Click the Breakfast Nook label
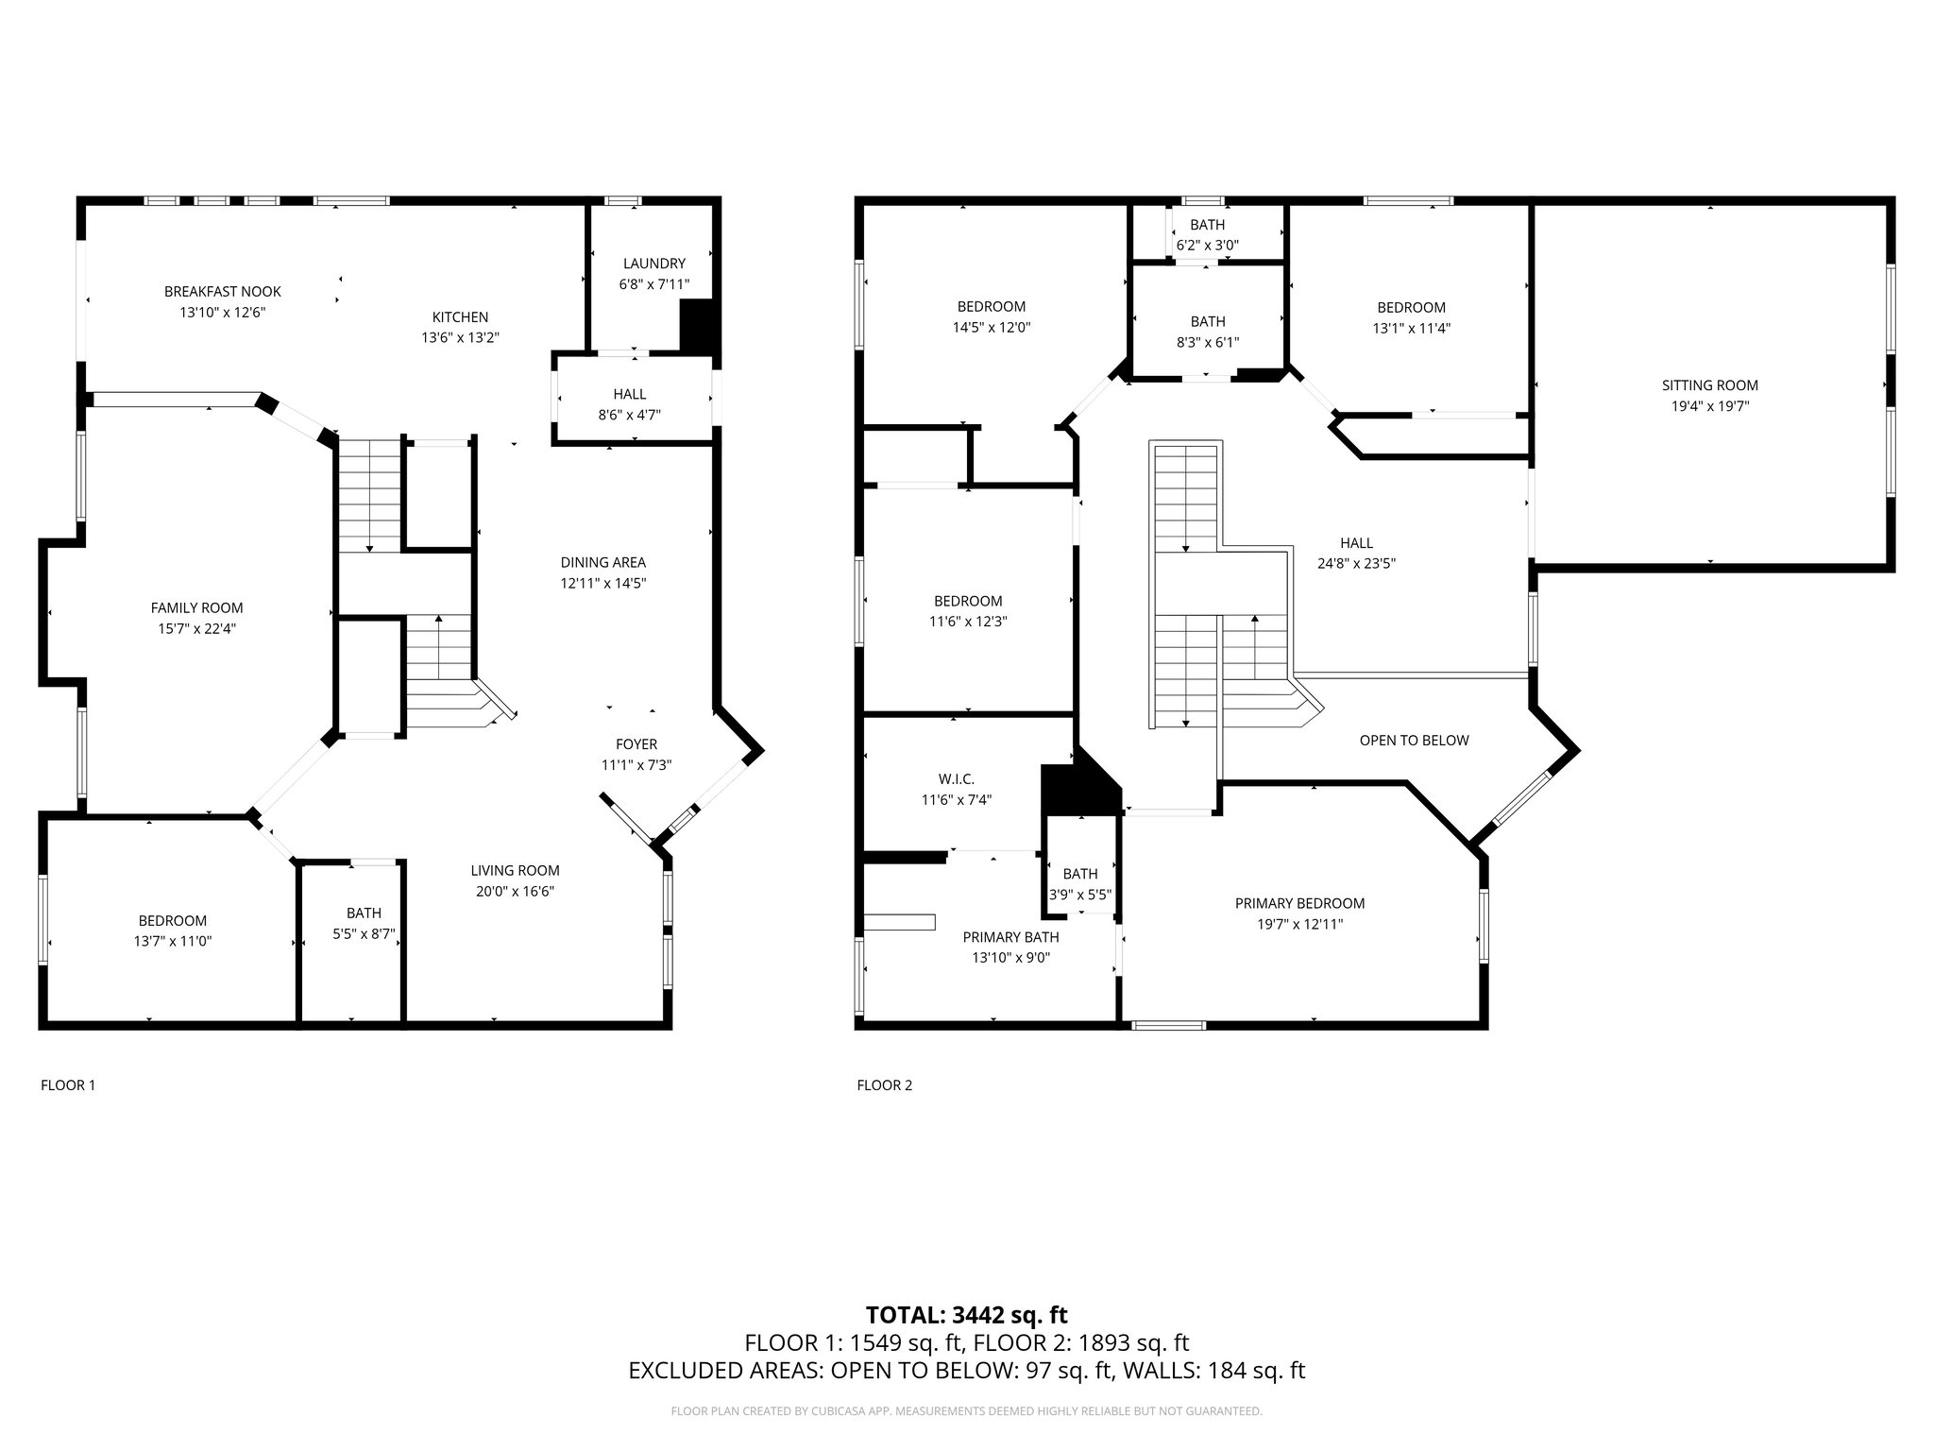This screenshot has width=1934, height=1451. pos(223,292)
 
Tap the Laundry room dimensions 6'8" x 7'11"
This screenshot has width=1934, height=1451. pos(653,284)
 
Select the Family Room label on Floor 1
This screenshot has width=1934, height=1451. pos(196,608)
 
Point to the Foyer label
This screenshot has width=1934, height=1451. pos(636,744)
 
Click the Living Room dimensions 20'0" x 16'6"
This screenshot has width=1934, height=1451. pos(515,891)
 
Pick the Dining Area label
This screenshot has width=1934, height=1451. pos(602,563)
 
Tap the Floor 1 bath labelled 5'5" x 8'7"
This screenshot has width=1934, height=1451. pos(364,924)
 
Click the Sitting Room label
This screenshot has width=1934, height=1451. pos(1709,385)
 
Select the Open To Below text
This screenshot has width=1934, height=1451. pos(1414,741)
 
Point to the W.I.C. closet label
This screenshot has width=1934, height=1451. pos(956,779)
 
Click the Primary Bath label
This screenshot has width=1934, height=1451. pos(1010,937)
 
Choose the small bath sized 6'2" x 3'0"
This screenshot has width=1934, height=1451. pos(1207,235)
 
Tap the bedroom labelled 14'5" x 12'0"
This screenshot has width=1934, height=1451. pos(991,317)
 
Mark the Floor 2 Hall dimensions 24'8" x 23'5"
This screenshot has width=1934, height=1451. pos(1356,564)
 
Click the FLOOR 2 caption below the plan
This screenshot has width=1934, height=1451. pos(884,1085)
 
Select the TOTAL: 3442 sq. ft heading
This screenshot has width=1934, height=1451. pos(966,1315)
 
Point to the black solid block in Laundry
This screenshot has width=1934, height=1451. pos(699,327)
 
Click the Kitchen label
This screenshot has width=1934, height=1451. pos(460,317)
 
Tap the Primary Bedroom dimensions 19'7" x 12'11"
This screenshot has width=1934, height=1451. pos(1299,924)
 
